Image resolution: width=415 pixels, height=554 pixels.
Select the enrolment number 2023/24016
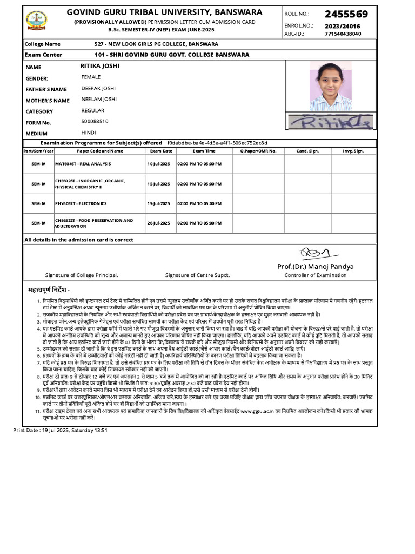point(343,26)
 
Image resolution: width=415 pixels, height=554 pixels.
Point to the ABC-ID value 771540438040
point(343,34)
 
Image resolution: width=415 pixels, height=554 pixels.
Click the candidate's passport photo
point(330,86)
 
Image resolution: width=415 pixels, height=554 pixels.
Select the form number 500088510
point(95,122)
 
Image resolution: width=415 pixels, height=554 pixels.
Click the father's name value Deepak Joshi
point(98,88)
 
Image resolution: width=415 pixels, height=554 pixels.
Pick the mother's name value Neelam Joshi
point(98,100)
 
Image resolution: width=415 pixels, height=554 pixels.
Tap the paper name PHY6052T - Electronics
point(81,204)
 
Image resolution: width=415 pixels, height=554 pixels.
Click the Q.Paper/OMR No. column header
point(258,151)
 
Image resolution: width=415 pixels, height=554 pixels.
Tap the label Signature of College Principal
point(82,275)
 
